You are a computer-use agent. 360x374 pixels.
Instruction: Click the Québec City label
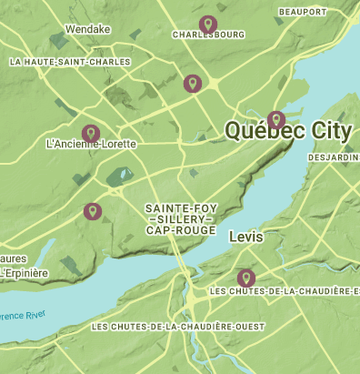pyautogui.click(x=287, y=131)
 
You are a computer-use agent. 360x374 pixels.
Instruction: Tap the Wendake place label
pyautogui.click(x=88, y=29)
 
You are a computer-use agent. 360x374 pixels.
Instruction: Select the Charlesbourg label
pyautogui.click(x=207, y=36)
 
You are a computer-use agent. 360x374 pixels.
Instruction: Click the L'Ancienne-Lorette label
pyautogui.click(x=90, y=145)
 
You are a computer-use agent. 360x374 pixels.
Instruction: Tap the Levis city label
pyautogui.click(x=246, y=236)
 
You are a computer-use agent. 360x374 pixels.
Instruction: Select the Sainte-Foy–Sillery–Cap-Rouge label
pyautogui.click(x=181, y=219)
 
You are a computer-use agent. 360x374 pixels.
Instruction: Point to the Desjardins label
pyautogui.click(x=334, y=157)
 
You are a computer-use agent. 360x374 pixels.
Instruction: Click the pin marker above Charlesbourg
pyautogui.click(x=208, y=24)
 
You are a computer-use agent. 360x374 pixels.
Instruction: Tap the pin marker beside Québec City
pyautogui.click(x=276, y=118)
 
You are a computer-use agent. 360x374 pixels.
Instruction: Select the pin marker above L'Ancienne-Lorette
pyautogui.click(x=90, y=133)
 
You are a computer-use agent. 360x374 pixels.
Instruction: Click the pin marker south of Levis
pyautogui.click(x=245, y=277)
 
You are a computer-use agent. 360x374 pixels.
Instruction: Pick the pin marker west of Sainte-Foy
pyautogui.click(x=92, y=211)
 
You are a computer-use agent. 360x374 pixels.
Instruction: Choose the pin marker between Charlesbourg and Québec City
pyautogui.click(x=192, y=83)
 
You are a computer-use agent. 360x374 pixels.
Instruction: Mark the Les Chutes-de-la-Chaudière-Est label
pyautogui.click(x=284, y=291)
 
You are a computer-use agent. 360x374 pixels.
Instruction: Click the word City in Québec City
pyautogui.click(x=330, y=131)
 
